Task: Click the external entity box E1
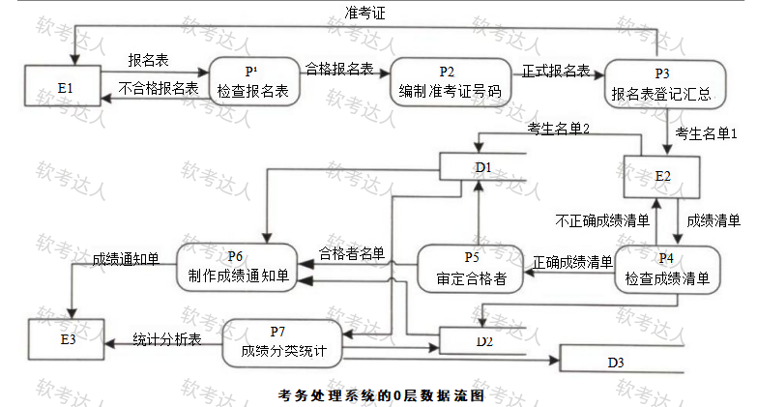pyautogui.click(x=66, y=88)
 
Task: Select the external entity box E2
pyautogui.click(x=662, y=176)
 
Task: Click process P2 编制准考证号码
pyautogui.click(x=449, y=83)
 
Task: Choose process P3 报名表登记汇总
pyautogui.click(x=661, y=84)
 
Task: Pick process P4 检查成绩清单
pyautogui.click(x=666, y=270)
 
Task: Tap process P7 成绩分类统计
pyautogui.click(x=282, y=341)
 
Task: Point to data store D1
pyautogui.click(x=482, y=167)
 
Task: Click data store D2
pyautogui.click(x=482, y=340)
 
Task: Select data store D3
pyautogui.click(x=615, y=363)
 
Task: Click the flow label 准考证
pyautogui.click(x=365, y=13)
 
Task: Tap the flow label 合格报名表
pyautogui.click(x=339, y=69)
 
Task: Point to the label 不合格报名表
pyautogui.click(x=159, y=88)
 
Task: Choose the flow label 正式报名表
pyautogui.click(x=557, y=70)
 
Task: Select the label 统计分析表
pyautogui.click(x=165, y=338)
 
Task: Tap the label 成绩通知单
pyautogui.click(x=126, y=259)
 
